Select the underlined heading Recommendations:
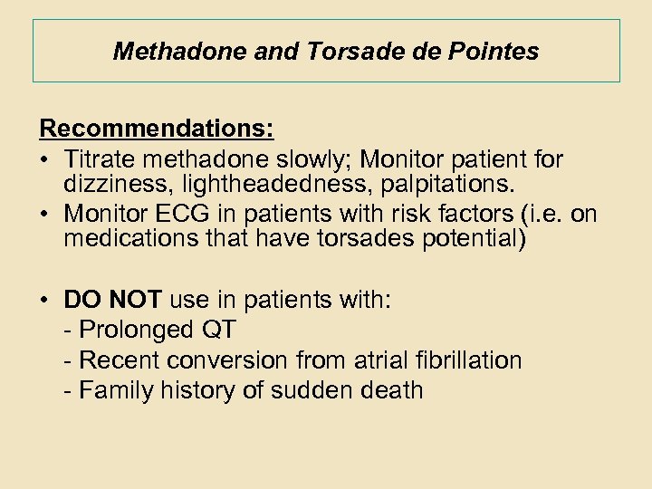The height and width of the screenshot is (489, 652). click(157, 129)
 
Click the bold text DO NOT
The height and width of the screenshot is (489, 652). click(112, 300)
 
